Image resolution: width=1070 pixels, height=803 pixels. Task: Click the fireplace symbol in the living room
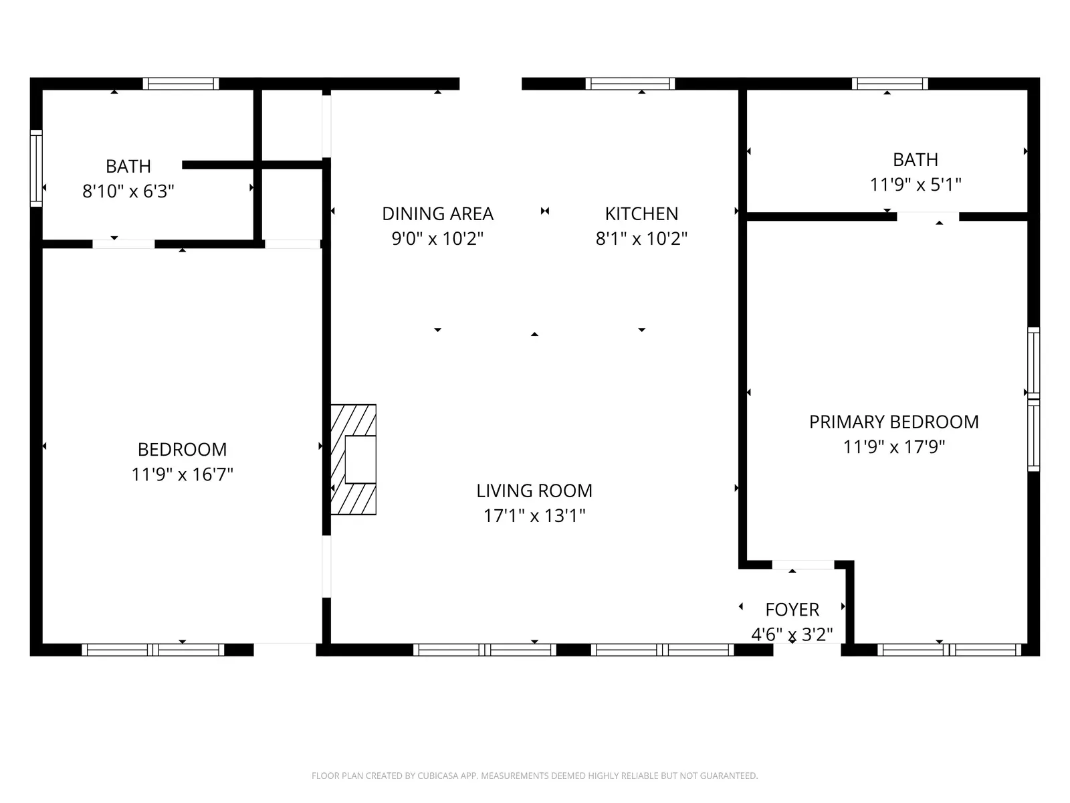click(354, 460)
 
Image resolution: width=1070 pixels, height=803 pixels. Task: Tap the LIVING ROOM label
click(534, 490)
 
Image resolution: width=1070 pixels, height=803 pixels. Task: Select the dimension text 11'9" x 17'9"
click(893, 447)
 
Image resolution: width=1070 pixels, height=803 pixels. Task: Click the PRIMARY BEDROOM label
click(893, 422)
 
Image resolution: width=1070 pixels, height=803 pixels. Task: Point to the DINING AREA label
click(437, 213)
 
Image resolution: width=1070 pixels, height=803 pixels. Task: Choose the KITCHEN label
click(641, 213)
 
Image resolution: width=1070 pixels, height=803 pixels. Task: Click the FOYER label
click(792, 610)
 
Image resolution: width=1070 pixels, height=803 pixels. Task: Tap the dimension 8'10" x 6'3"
click(128, 191)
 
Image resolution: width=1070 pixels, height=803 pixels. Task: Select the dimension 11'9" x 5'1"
click(915, 185)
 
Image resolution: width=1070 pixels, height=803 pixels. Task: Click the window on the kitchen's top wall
click(630, 84)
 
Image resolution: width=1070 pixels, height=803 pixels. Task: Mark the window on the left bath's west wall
click(36, 168)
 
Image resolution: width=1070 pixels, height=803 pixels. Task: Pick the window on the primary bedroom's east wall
click(1033, 399)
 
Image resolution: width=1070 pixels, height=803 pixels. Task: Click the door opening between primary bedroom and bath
click(928, 216)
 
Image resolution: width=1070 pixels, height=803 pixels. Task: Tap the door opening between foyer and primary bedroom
click(802, 565)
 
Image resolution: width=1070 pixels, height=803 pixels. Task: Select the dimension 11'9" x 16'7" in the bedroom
click(182, 474)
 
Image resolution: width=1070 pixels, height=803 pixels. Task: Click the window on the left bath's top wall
click(181, 84)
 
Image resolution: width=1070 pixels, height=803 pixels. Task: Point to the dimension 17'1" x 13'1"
click(534, 516)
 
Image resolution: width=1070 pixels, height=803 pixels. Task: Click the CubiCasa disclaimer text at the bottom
click(534, 776)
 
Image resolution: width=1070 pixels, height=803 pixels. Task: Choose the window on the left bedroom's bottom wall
click(152, 649)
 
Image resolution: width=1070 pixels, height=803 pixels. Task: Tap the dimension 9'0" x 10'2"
click(437, 239)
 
